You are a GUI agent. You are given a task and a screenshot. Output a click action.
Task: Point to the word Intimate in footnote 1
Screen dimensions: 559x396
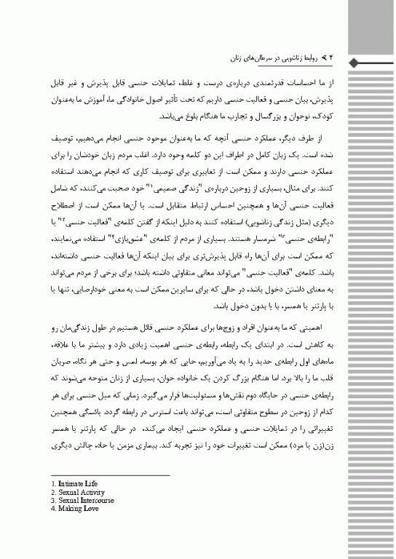pos(70,483)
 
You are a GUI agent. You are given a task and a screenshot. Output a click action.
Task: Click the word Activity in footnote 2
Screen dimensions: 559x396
pos(95,491)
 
